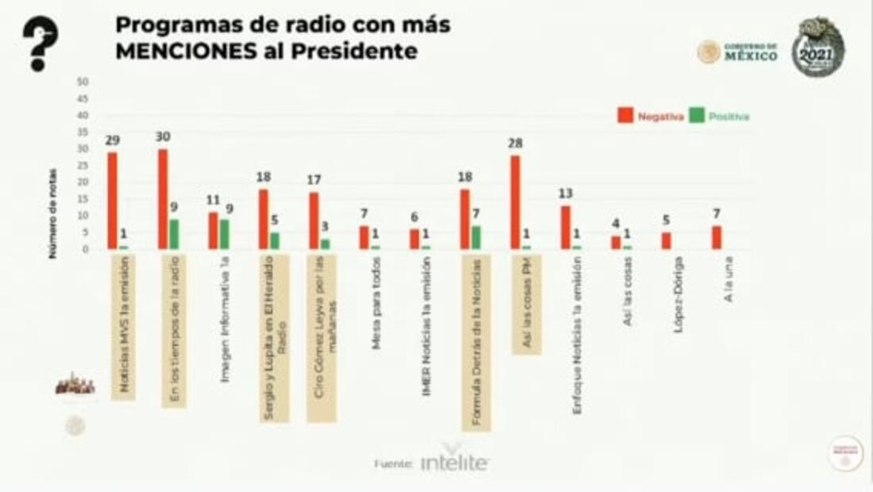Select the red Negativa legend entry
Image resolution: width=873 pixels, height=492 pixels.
651,116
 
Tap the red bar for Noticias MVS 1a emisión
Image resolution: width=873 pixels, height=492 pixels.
112,201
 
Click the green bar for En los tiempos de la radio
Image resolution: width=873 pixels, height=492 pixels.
173,234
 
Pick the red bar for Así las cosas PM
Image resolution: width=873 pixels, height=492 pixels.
516,202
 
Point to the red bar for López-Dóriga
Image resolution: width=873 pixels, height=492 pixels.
666,240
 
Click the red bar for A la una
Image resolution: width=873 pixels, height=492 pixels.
717,237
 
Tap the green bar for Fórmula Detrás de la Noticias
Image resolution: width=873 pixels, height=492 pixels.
476,237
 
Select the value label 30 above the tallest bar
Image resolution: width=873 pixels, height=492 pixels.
163,136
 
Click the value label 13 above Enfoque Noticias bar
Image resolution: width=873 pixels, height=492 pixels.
565,194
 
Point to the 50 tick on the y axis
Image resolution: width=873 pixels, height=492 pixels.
83,82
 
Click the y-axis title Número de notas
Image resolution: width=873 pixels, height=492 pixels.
52,213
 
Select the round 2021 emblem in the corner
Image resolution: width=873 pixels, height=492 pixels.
817,48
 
